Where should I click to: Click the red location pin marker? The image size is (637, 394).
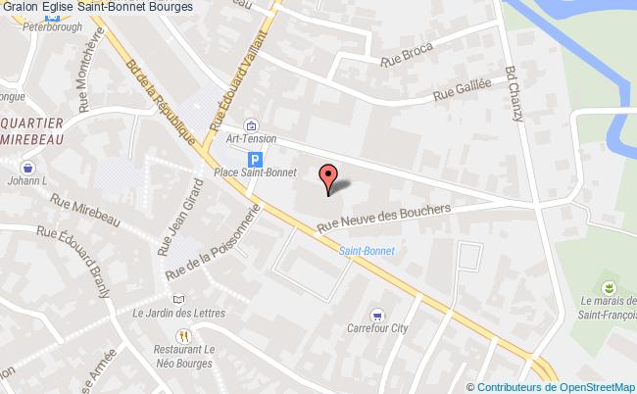click(x=329, y=175)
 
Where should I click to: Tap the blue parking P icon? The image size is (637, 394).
click(x=255, y=159)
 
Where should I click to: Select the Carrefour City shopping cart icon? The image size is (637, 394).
click(x=377, y=315)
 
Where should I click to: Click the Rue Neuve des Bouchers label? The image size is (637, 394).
click(x=383, y=221)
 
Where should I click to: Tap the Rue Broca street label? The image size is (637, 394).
click(x=399, y=61)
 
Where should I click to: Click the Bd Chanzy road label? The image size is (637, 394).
click(x=513, y=93)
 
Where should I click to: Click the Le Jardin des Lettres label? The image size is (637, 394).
click(x=178, y=313)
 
